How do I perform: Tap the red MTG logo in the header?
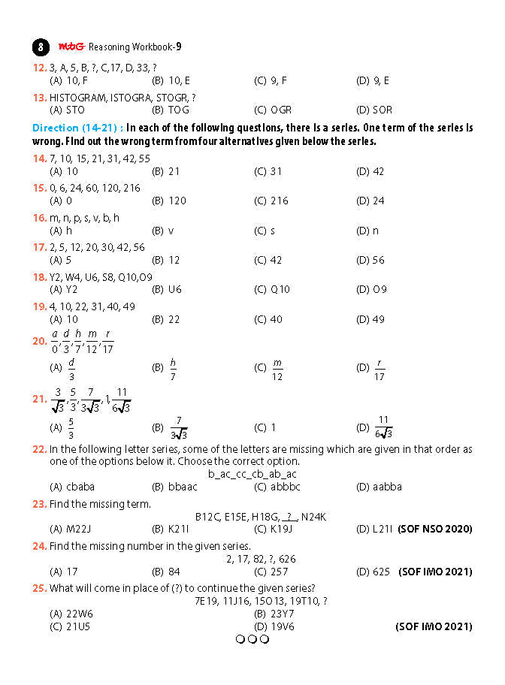(x=72, y=47)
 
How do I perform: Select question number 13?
(x=39, y=97)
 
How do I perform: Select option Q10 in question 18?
(x=280, y=289)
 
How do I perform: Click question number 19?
(x=39, y=306)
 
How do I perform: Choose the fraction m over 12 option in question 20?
(x=277, y=369)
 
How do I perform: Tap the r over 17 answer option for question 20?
(x=380, y=369)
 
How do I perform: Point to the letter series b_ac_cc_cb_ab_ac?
(x=252, y=474)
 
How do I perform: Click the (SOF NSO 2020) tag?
(x=435, y=529)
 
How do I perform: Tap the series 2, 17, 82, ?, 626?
(x=261, y=559)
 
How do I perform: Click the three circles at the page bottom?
(x=252, y=640)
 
